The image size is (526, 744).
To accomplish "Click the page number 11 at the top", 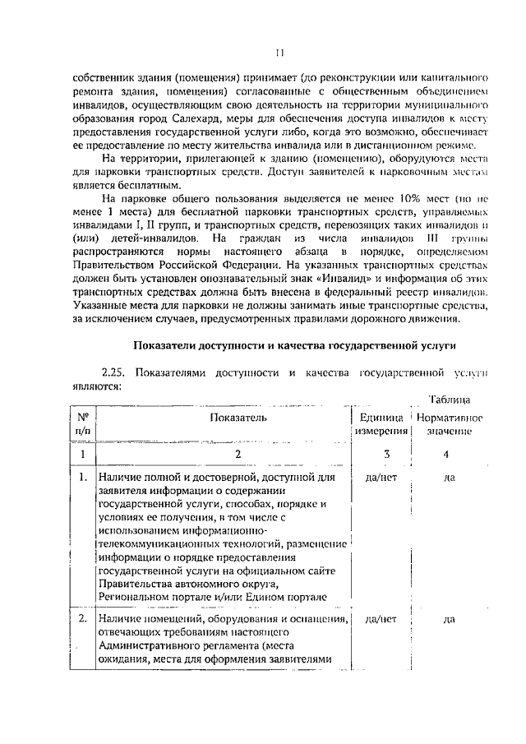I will tap(279, 53).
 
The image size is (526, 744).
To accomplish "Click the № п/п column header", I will tap(83, 424).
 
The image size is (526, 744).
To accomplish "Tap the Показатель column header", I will tap(238, 418).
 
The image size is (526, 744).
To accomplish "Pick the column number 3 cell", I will tap(385, 453).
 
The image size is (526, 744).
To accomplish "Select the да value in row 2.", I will tap(449, 619).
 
